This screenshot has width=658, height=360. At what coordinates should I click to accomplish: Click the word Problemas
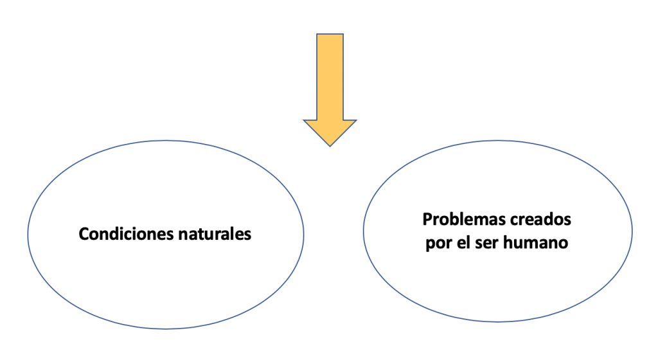click(x=463, y=219)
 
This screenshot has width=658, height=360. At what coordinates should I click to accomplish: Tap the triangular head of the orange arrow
click(x=330, y=130)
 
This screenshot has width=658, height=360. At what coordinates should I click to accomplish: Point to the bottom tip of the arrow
click(x=330, y=146)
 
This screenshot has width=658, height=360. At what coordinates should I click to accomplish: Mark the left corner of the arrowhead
click(x=305, y=120)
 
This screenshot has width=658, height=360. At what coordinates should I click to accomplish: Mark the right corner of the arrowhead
click(x=355, y=120)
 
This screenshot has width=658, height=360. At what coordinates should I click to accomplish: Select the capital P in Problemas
click(x=427, y=219)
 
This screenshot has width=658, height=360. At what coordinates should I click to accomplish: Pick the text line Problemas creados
click(x=497, y=219)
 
